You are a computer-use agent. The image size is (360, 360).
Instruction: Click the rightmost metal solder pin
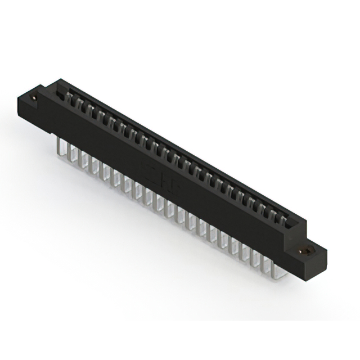[x=276, y=269]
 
